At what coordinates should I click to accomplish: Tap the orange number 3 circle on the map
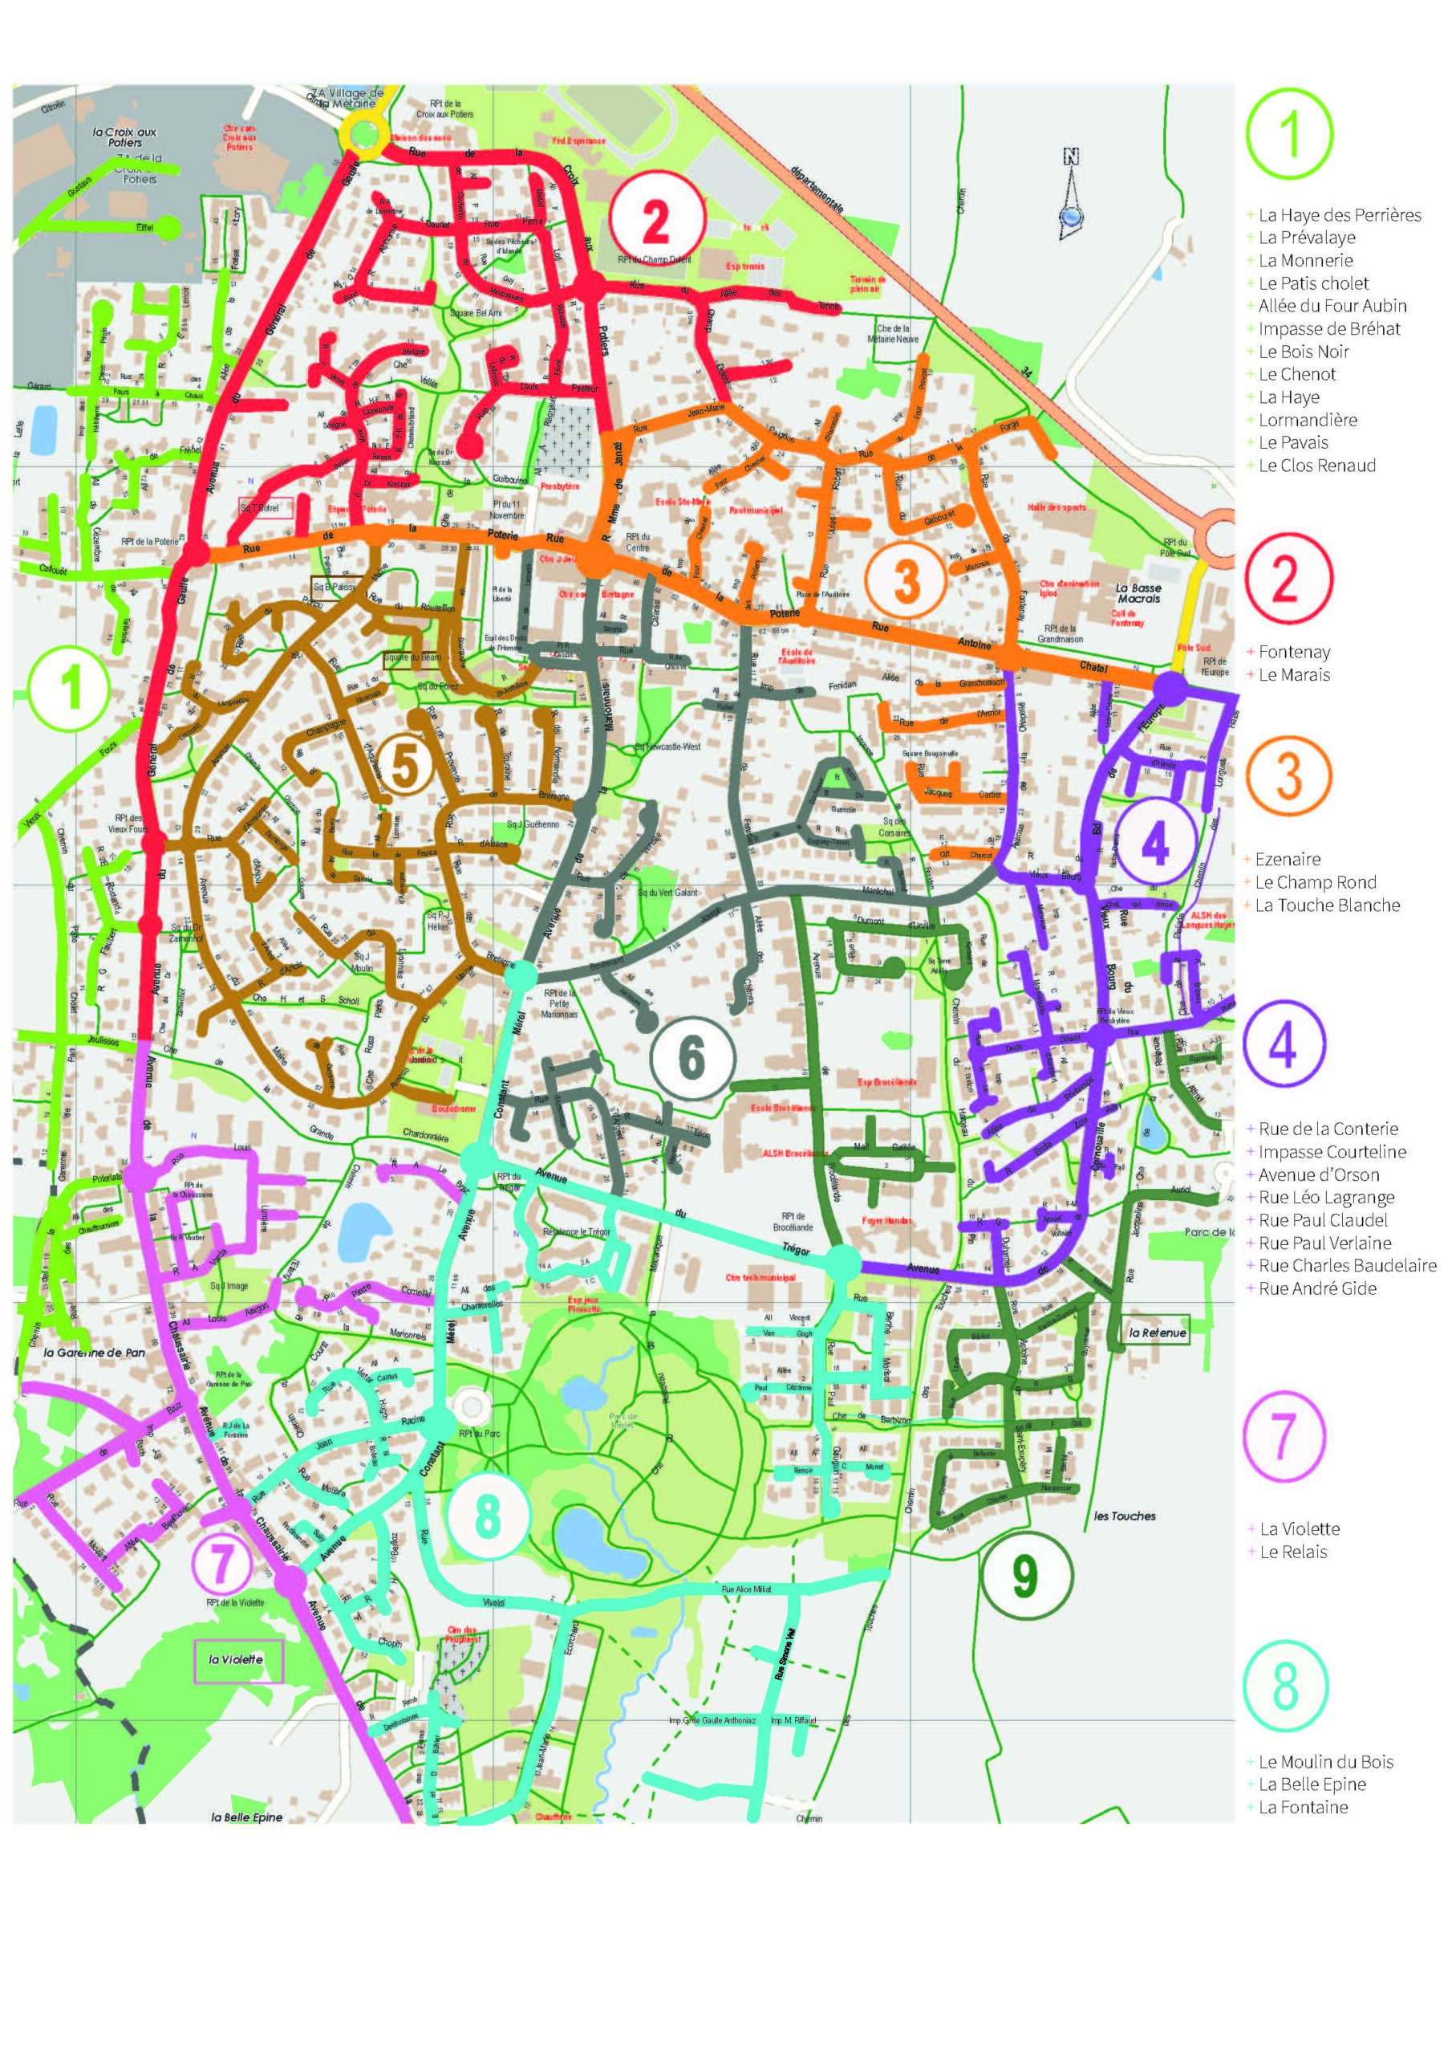(x=906, y=579)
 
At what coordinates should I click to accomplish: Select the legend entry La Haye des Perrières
(x=1338, y=215)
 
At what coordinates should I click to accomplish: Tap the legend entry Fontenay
(x=1294, y=652)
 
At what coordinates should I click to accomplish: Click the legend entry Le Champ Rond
(x=1314, y=881)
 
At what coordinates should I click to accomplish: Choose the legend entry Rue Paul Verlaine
(x=1324, y=1243)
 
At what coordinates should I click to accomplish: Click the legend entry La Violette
(x=1299, y=1528)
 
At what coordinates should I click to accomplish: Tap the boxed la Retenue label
(x=1157, y=1333)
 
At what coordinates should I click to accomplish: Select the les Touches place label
(x=1125, y=1516)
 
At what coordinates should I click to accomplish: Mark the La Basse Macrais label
(x=1138, y=593)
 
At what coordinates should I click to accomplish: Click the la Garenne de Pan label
(x=93, y=1353)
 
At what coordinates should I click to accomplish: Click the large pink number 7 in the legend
(x=1283, y=1435)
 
